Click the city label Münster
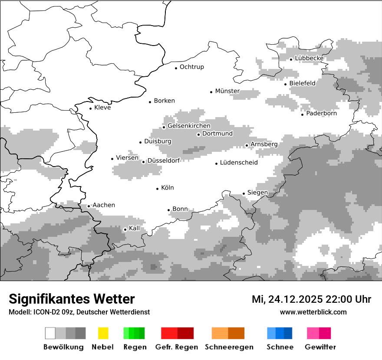[227, 91]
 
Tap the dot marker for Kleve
[90, 108]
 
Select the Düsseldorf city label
[164, 160]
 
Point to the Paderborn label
[321, 114]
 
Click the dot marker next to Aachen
[89, 206]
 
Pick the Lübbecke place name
[309, 58]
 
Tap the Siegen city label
[257, 193]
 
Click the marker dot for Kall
[125, 229]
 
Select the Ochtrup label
[191, 67]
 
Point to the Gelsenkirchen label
[189, 126]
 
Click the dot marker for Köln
[157, 189]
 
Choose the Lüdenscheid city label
[239, 163]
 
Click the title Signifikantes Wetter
[72, 299]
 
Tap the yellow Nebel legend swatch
[103, 333]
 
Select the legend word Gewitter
[320, 347]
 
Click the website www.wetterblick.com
[313, 312]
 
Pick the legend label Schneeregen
[229, 347]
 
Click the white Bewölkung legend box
[50, 333]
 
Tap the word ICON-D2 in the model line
[43, 312]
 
